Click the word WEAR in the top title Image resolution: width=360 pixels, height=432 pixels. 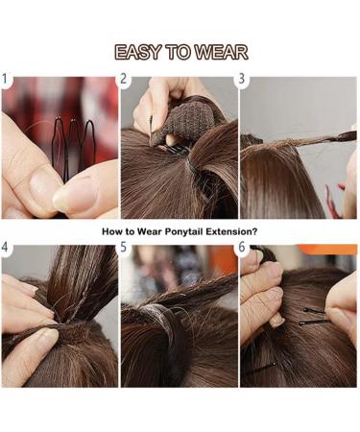pyautogui.click(x=220, y=53)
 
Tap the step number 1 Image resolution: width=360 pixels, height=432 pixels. pyautogui.click(x=7, y=80)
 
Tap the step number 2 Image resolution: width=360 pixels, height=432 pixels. pyautogui.click(x=125, y=80)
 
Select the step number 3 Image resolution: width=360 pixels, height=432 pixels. pyautogui.click(x=242, y=80)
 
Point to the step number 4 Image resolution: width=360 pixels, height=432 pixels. pyautogui.click(x=7, y=249)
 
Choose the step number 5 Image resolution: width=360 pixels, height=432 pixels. pyautogui.click(x=125, y=249)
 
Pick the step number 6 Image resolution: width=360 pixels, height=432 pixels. pyautogui.click(x=242, y=249)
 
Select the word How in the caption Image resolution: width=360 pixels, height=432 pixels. pyautogui.click(x=112, y=231)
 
